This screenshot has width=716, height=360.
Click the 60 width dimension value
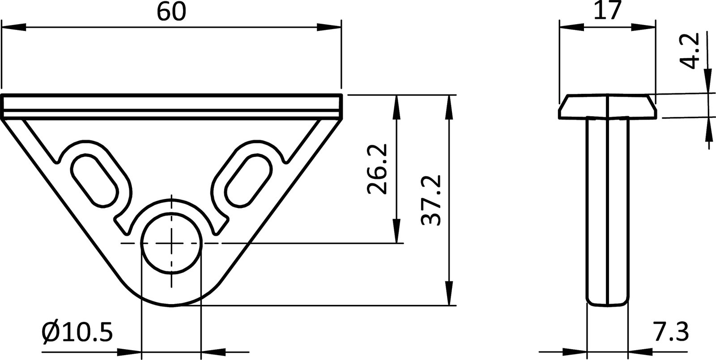click(x=171, y=12)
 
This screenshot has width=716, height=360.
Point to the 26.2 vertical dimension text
click(x=377, y=169)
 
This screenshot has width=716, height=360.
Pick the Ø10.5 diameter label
click(x=77, y=332)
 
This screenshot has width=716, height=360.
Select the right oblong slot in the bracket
click(x=247, y=178)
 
